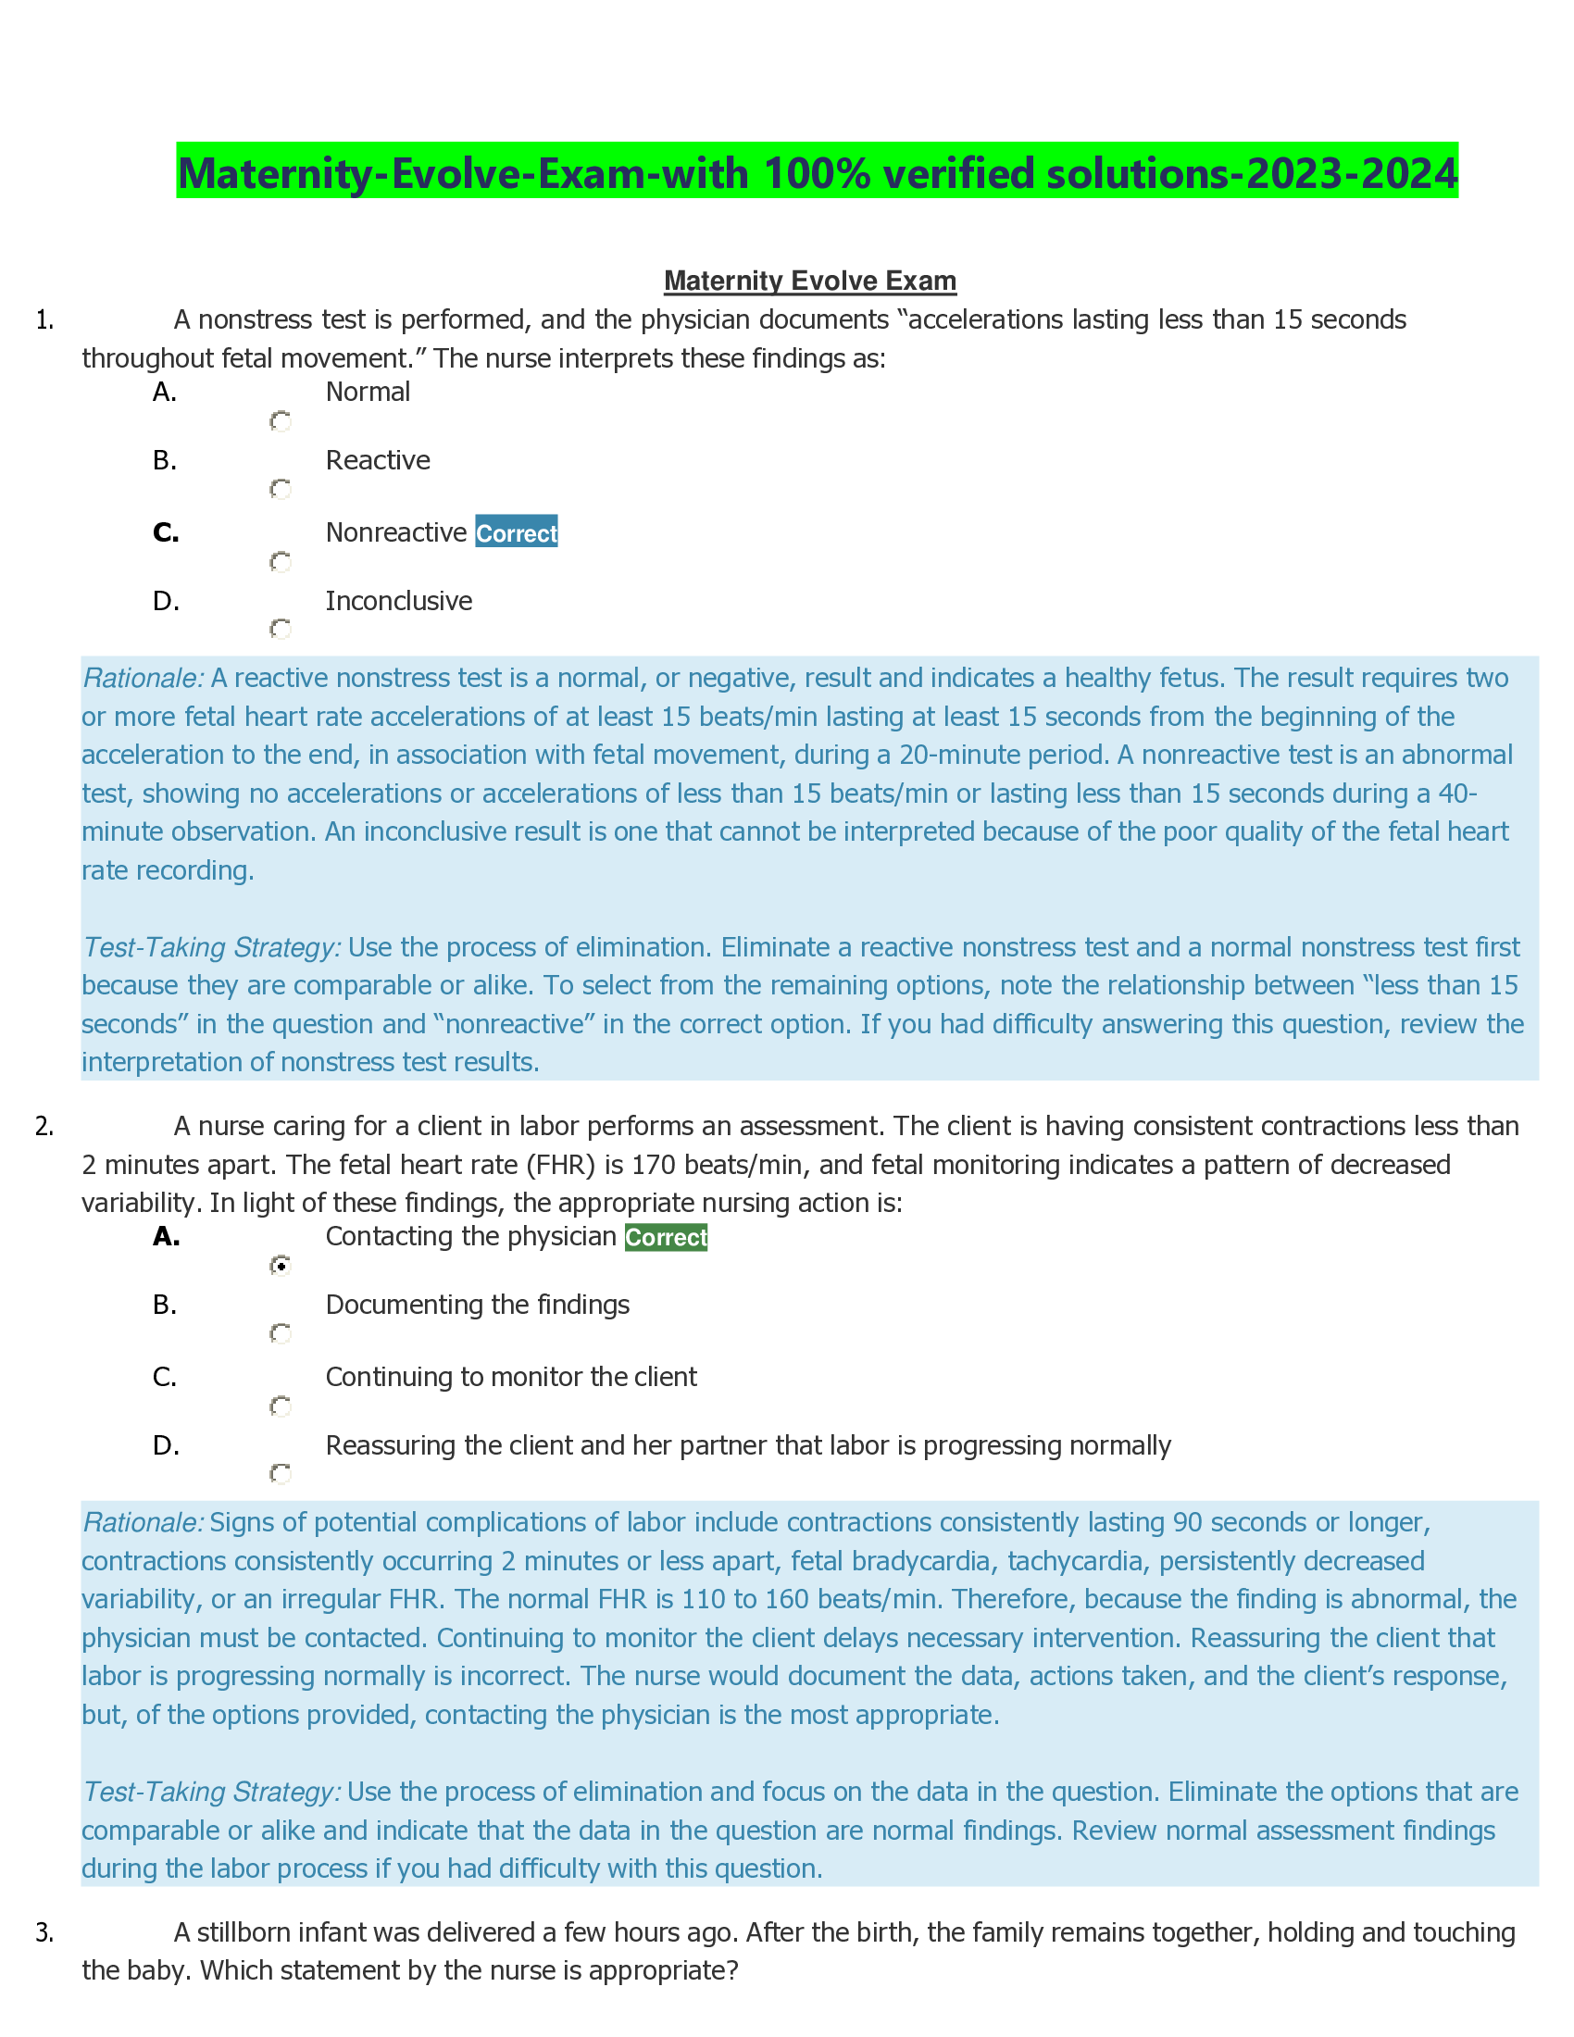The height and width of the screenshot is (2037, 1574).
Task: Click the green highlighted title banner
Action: (x=817, y=171)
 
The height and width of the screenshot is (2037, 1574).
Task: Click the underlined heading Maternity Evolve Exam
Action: (x=809, y=281)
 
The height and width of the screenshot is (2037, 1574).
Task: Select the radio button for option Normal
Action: (x=280, y=421)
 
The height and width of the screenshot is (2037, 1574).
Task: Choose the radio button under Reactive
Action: (x=280, y=490)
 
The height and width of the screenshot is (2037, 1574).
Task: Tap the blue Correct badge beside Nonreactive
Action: (x=516, y=532)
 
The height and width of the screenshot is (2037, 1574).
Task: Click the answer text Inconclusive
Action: (x=398, y=601)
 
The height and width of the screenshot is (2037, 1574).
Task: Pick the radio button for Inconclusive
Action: (x=280, y=630)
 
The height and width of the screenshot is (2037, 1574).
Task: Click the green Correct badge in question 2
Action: (x=666, y=1238)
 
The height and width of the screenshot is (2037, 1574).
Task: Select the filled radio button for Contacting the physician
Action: (x=280, y=1266)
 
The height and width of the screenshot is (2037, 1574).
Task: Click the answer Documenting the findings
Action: (x=477, y=1305)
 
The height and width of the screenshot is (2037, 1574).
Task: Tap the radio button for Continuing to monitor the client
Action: (x=280, y=1406)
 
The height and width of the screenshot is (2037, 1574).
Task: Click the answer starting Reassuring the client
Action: (x=747, y=1445)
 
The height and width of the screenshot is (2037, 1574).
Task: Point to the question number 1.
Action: (x=44, y=320)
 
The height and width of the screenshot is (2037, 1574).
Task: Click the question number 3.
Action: (x=44, y=1933)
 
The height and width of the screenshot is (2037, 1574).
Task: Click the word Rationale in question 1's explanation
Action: (x=143, y=678)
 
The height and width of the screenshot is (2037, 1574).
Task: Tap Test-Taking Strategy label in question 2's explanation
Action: (x=212, y=1793)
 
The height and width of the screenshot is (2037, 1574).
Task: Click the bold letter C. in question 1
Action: (x=166, y=532)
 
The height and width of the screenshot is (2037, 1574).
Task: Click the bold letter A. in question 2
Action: (x=166, y=1237)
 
